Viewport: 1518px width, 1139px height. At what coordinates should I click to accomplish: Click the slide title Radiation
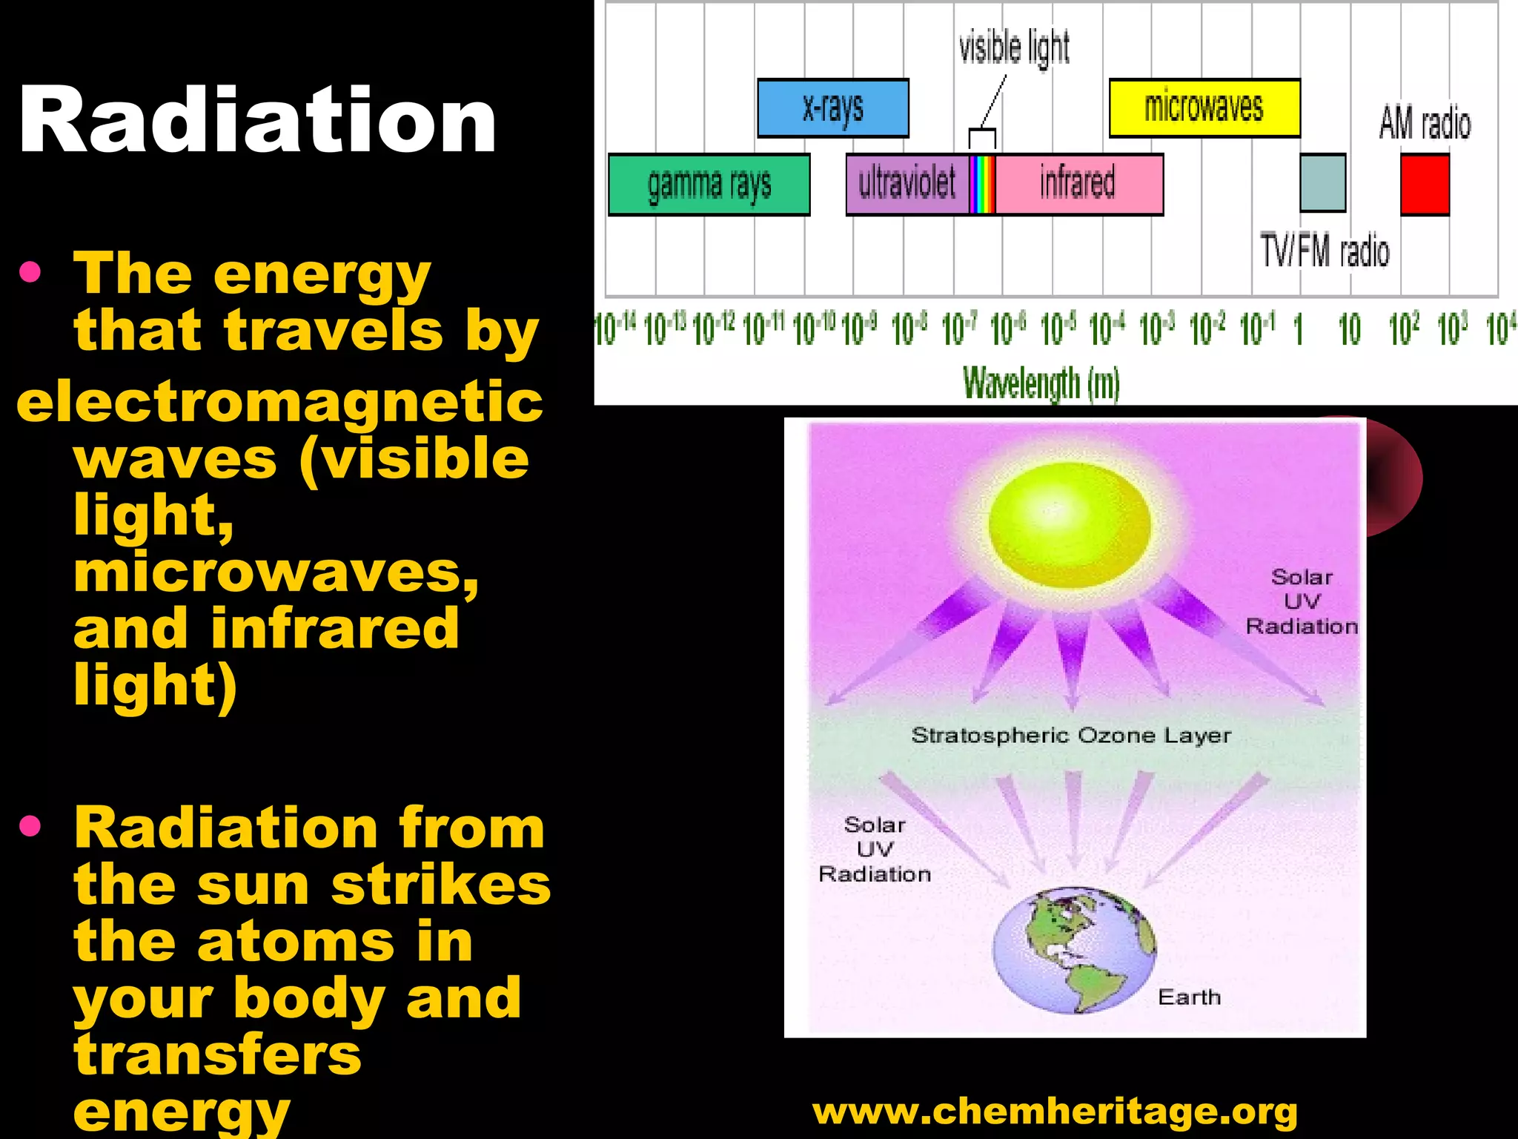(x=257, y=120)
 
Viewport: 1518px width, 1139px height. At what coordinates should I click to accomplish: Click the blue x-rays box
(x=832, y=108)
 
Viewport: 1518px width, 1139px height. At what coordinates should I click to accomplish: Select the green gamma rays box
(x=709, y=185)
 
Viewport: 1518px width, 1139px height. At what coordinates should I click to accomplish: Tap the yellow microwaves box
(x=1204, y=108)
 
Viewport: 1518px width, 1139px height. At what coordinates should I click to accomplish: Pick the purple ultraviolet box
(x=907, y=184)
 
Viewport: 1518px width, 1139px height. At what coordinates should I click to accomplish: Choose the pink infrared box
(x=1078, y=184)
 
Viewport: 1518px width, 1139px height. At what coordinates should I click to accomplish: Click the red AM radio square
(x=1424, y=185)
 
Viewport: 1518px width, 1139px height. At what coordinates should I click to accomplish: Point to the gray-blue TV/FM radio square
(x=1322, y=183)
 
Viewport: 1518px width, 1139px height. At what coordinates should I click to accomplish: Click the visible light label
(x=1014, y=47)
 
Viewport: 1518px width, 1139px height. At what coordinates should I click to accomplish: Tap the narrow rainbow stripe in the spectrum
(x=982, y=185)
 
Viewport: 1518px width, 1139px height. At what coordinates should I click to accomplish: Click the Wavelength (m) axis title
(x=1041, y=383)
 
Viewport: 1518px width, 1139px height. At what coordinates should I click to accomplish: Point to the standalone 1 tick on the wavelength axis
(x=1299, y=329)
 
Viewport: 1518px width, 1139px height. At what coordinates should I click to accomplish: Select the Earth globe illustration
(x=1073, y=951)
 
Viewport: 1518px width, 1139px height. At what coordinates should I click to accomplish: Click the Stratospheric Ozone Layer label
(x=1070, y=736)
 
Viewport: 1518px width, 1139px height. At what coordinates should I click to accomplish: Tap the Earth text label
(x=1189, y=997)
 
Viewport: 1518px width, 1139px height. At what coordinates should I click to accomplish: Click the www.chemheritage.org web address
(x=1055, y=1112)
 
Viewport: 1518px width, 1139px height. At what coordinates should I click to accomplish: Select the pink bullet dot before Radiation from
(x=30, y=825)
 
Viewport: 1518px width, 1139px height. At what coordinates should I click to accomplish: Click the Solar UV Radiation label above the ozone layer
(x=1301, y=601)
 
